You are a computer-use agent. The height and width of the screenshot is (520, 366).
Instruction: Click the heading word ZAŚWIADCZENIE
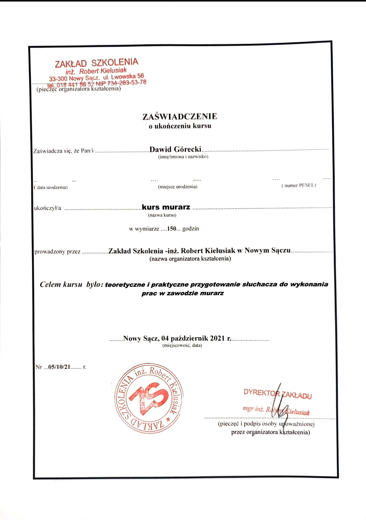pos(180,117)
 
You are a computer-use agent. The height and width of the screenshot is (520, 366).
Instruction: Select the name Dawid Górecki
pos(175,149)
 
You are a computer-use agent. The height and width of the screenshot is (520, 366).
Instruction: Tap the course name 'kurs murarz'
pos(166,207)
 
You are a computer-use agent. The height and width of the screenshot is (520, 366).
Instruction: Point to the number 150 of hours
pos(172,229)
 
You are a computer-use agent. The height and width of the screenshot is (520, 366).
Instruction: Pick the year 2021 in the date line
pos(218,338)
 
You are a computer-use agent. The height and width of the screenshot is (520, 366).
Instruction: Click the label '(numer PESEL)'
pos(299,185)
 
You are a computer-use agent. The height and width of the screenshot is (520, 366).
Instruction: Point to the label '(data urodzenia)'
pos(51,188)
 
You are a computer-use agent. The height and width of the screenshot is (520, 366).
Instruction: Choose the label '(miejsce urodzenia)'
pos(177,187)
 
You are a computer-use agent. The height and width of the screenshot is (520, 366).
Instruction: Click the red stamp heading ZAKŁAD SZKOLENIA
pos(97,62)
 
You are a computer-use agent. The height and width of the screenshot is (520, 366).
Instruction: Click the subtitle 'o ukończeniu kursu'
pos(180,126)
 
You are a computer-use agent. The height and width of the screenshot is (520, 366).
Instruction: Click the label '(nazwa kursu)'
pos(162,215)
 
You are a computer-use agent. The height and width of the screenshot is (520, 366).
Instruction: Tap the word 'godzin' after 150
pos(191,229)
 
